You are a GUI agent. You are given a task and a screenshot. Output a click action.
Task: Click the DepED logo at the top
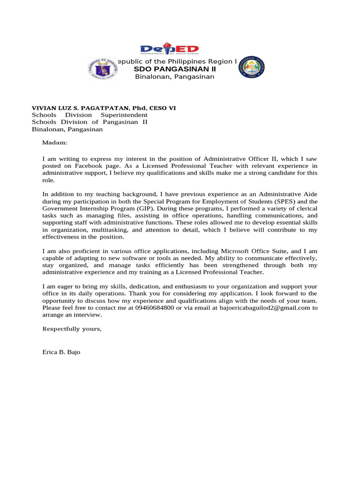point(170,50)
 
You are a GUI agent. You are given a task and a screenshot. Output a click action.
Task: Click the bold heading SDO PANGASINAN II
point(175,69)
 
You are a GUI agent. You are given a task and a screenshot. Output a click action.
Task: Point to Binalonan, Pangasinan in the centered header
point(174,77)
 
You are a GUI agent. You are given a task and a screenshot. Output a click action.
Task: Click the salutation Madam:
point(55,142)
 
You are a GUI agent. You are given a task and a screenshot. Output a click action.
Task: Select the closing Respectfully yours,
point(72,329)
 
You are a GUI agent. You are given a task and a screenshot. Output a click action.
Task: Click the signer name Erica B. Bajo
point(61,352)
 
